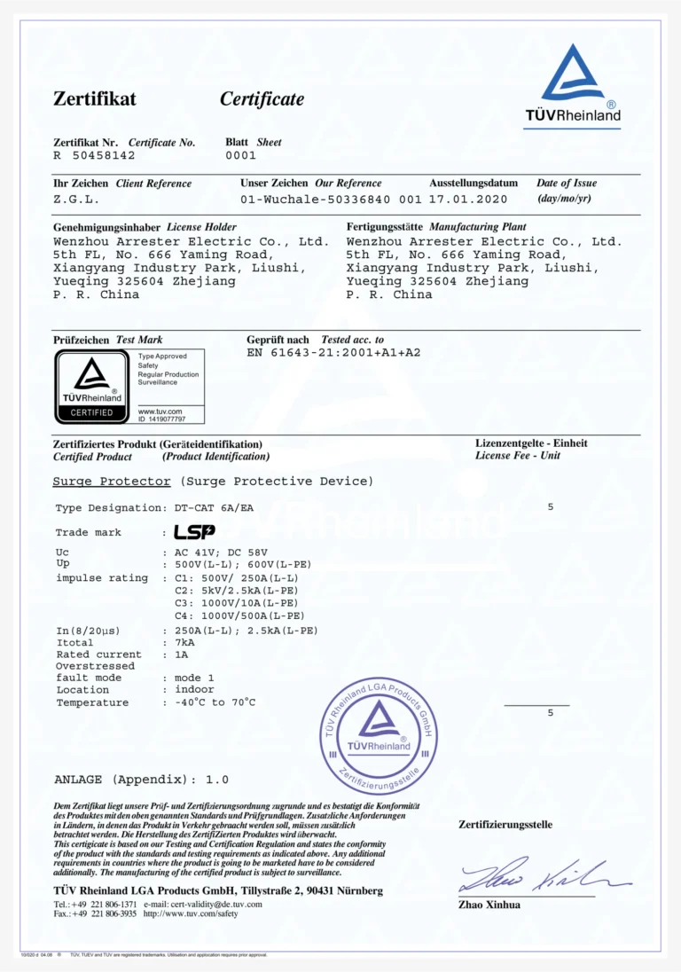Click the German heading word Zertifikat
click(x=95, y=99)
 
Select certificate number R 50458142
click(x=94, y=155)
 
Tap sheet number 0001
click(x=240, y=155)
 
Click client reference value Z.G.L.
click(x=76, y=200)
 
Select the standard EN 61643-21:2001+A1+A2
click(x=333, y=353)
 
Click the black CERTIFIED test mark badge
click(x=92, y=387)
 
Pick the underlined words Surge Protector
click(x=112, y=482)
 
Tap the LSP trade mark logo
click(x=194, y=532)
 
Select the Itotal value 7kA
click(x=184, y=642)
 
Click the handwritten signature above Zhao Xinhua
click(x=542, y=875)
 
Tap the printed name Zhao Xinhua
click(x=489, y=905)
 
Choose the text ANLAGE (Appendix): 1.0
click(x=142, y=780)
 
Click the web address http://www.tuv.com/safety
click(x=191, y=913)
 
